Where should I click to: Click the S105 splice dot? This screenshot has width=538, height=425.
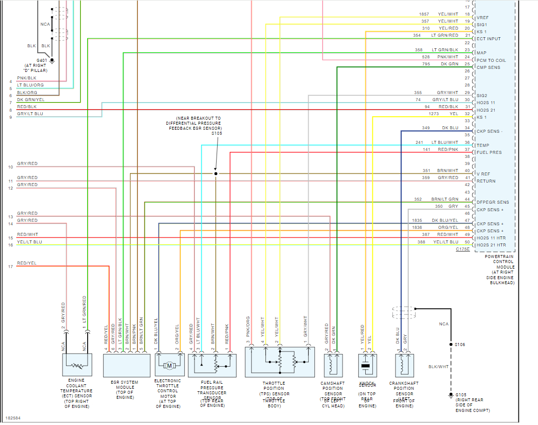(x=216, y=174)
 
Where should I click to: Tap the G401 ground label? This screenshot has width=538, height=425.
(x=42, y=60)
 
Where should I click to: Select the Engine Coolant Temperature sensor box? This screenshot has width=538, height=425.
(x=77, y=365)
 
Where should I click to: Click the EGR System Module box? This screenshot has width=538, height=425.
(x=126, y=365)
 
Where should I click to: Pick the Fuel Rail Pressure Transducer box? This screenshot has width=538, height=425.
(x=212, y=365)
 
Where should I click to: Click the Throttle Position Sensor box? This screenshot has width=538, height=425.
(x=280, y=362)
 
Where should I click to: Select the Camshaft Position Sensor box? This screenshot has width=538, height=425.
(x=333, y=365)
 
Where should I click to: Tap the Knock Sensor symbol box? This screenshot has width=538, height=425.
(x=367, y=365)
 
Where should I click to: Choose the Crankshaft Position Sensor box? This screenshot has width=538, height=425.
(x=405, y=365)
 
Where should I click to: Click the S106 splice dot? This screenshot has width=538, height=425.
(x=451, y=345)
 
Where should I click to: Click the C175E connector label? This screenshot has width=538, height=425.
(x=462, y=249)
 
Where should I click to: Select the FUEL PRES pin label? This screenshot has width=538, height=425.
(x=489, y=152)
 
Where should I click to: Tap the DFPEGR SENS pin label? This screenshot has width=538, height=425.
(x=492, y=202)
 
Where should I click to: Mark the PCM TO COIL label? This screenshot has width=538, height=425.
(x=491, y=60)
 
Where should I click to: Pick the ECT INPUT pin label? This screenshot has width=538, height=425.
(x=489, y=39)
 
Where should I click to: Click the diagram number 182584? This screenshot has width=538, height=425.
(x=13, y=417)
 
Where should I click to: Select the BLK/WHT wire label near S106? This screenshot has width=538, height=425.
(x=438, y=367)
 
